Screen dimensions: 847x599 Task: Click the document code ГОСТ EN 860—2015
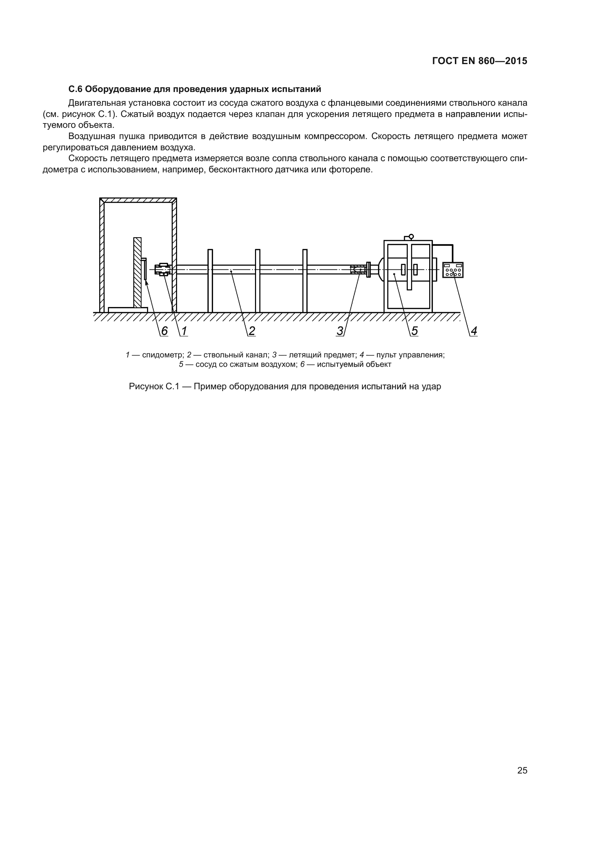point(479,61)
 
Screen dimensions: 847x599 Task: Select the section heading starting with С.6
point(195,89)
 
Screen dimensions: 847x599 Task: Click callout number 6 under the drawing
point(164,331)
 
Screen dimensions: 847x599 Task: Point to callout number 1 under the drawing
point(184,331)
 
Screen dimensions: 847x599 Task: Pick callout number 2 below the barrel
point(252,331)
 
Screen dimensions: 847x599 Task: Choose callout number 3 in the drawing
point(340,331)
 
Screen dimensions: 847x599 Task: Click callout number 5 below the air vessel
point(415,331)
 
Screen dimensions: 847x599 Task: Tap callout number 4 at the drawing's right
point(474,331)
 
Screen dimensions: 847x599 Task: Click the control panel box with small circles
point(453,270)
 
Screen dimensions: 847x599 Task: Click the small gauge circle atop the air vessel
point(411,236)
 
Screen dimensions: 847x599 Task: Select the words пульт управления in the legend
point(410,355)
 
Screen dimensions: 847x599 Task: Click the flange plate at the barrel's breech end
point(368,270)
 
